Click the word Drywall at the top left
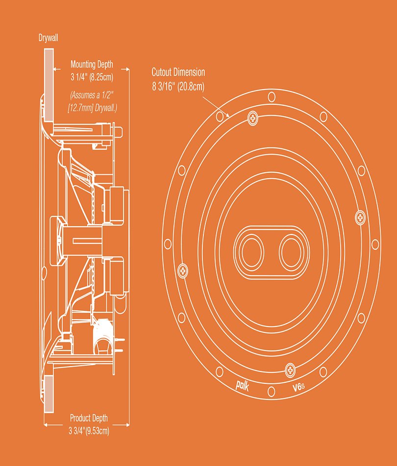click(48, 38)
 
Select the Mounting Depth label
click(92, 64)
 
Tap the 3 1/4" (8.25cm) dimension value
click(92, 77)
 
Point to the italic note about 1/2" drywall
click(92, 101)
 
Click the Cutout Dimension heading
click(178, 72)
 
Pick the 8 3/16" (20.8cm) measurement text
click(178, 86)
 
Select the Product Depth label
click(89, 418)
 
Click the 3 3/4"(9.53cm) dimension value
click(89, 431)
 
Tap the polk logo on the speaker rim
click(242, 385)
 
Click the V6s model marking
click(298, 387)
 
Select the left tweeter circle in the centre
click(252, 252)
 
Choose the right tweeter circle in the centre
click(291, 253)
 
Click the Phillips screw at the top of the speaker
click(253, 118)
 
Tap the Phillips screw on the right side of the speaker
click(360, 218)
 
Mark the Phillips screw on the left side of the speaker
click(183, 271)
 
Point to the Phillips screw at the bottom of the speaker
click(290, 370)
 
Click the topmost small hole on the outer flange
click(272, 97)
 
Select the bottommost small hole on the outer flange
click(271, 392)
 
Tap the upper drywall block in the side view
click(49, 85)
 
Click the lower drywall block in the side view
click(49, 394)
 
